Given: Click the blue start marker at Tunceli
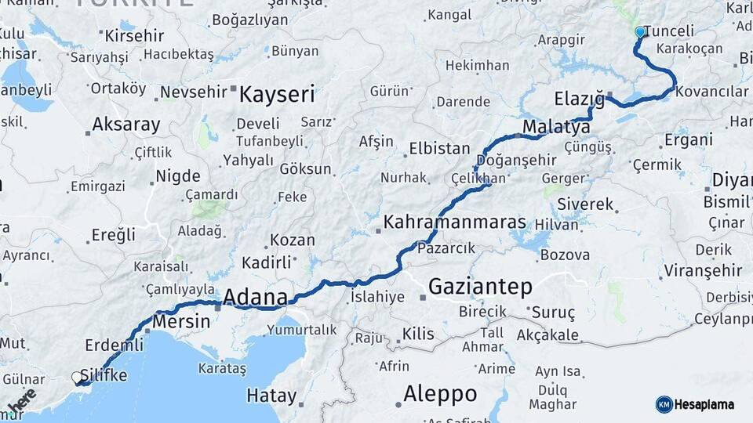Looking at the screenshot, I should tap(640, 32).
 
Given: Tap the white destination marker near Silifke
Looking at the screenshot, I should tap(78, 378).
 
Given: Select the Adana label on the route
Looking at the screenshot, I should tap(255, 297).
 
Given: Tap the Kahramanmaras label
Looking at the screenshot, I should tap(454, 222).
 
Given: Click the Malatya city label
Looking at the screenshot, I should tap(556, 127).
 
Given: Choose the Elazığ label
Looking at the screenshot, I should tap(579, 99).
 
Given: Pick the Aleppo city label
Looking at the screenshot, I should tap(439, 393).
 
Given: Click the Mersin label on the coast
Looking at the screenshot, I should tap(181, 321).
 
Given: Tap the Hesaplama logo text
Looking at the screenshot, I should tap(705, 404).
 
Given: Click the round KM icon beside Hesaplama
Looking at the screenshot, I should tap(664, 404).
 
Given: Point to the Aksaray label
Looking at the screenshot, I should tap(125, 124).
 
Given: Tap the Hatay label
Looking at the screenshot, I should tap(271, 396).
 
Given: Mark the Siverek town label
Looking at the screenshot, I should tap(585, 204).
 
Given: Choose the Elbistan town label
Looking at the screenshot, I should tap(439, 149).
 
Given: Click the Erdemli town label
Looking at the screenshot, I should tap(115, 345).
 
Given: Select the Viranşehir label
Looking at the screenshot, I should tap(702, 271).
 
